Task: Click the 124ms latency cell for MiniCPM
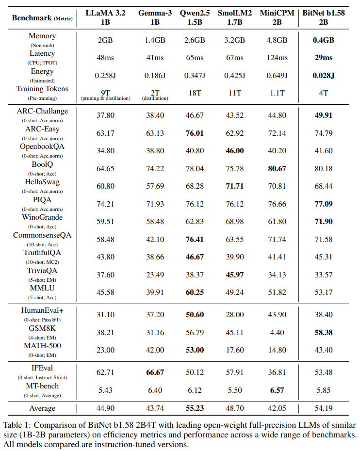pos(277,58)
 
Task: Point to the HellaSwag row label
pos(43,182)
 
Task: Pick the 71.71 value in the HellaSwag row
pos(234,186)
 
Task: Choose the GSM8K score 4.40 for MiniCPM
pos(277,332)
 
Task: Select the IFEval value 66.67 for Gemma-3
pos(155,372)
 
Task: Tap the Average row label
pos(43,408)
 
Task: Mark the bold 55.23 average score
pos(194,408)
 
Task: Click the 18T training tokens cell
pos(194,93)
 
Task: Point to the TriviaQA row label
pos(43,270)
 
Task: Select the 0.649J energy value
pos(277,76)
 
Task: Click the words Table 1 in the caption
pos(18,424)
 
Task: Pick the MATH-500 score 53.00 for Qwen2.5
pos(194,350)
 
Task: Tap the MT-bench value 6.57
pos(277,390)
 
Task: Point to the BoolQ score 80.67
pos(277,168)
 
